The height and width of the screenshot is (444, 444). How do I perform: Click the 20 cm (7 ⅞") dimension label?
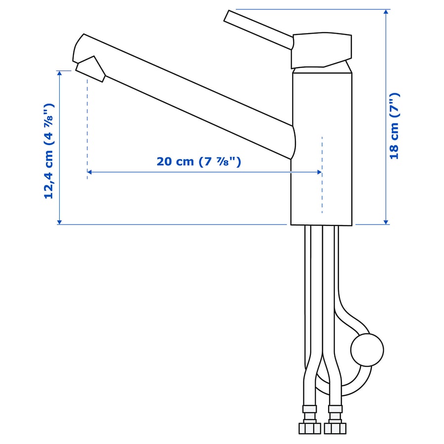pos(199,162)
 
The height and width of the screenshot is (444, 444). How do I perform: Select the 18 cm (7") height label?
pos(394,126)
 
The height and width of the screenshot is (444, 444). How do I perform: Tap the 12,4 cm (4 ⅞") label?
pos(49,151)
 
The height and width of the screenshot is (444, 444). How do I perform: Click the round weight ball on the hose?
pos(367,350)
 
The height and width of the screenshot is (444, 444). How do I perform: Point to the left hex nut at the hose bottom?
pos(309,428)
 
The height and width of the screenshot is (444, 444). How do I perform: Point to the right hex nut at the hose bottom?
pos(335,428)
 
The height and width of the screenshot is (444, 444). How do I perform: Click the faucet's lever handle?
pos(258,30)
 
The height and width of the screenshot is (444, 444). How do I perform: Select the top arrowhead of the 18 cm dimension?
pos(386,12)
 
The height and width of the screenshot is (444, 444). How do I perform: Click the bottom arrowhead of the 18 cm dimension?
pos(386,222)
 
